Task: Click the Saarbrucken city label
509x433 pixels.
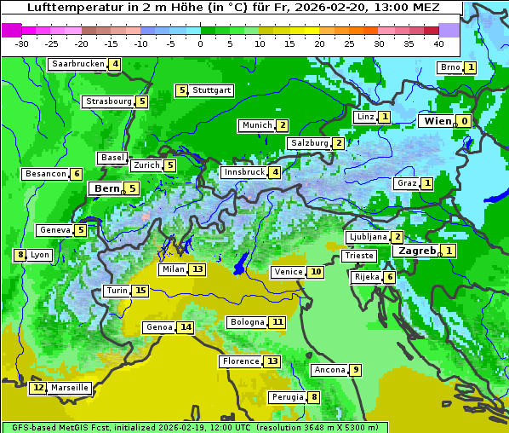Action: click(77, 64)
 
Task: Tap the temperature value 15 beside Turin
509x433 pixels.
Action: click(140, 291)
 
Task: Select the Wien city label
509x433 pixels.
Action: click(434, 121)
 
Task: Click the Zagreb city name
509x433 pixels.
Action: click(416, 251)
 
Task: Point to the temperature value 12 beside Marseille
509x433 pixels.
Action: click(37, 388)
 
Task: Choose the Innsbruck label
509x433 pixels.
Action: click(243, 172)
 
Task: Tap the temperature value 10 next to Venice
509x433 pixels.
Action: click(316, 272)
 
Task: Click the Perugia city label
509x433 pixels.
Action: click(287, 397)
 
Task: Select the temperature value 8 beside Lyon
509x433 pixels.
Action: click(20, 255)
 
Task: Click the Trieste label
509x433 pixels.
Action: click(358, 256)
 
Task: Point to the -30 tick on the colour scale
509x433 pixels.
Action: click(22, 43)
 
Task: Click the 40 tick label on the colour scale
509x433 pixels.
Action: click(438, 43)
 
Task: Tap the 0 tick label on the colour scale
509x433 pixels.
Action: click(200, 43)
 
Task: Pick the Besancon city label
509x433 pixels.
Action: click(46, 174)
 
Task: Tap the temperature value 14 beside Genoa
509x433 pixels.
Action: click(185, 327)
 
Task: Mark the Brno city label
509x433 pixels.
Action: click(449, 67)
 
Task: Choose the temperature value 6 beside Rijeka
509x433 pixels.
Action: click(389, 277)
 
